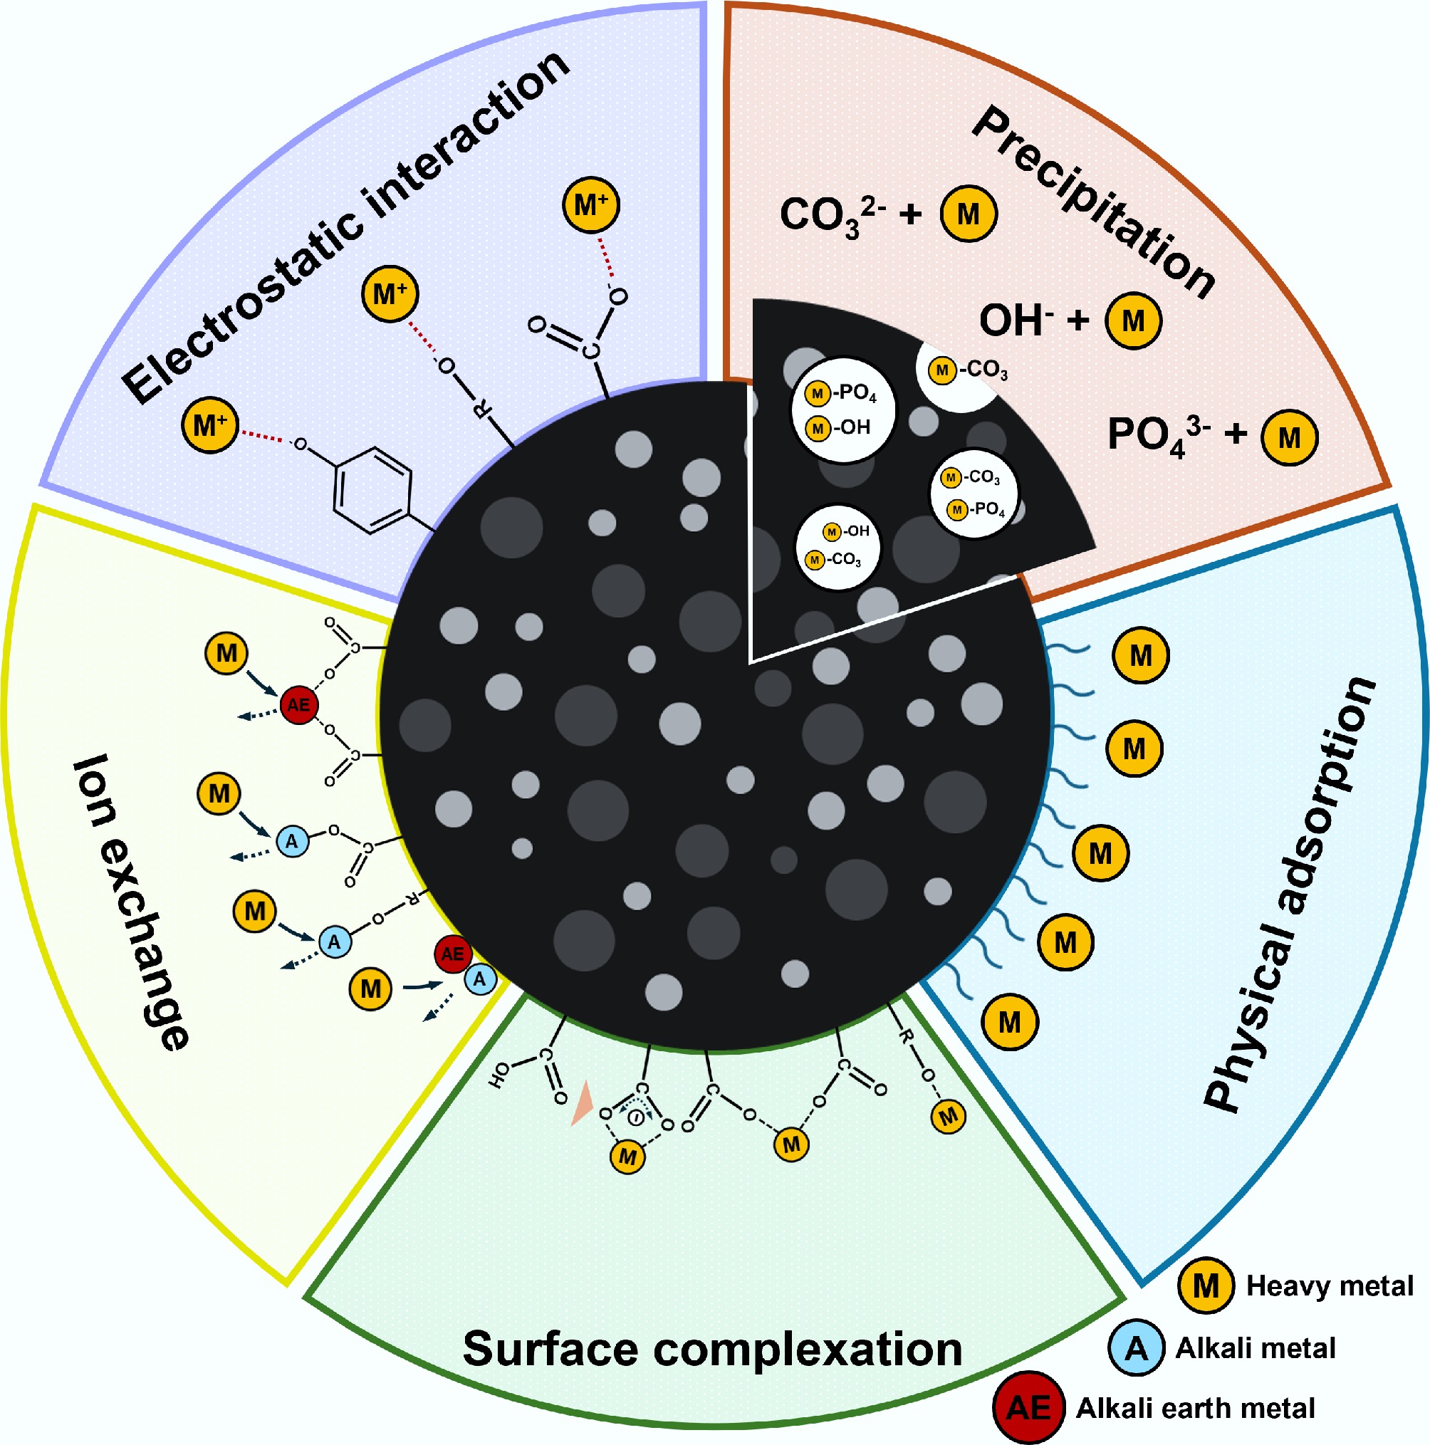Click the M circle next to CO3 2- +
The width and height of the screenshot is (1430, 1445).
click(x=968, y=214)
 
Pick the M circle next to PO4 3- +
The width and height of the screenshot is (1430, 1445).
click(x=1289, y=437)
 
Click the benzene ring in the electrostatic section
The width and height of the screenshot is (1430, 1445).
click(x=372, y=491)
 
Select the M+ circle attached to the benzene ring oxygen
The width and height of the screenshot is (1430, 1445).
click(x=210, y=425)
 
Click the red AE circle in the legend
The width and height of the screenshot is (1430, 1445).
click(x=1028, y=1407)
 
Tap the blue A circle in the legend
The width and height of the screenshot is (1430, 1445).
click(x=1136, y=1347)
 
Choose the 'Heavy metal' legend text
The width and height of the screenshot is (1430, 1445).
click(x=1329, y=1285)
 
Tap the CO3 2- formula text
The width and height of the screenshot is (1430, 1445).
click(x=832, y=215)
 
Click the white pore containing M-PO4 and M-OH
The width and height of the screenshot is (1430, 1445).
click(x=843, y=409)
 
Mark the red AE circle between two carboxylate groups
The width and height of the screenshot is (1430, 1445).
click(x=298, y=704)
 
